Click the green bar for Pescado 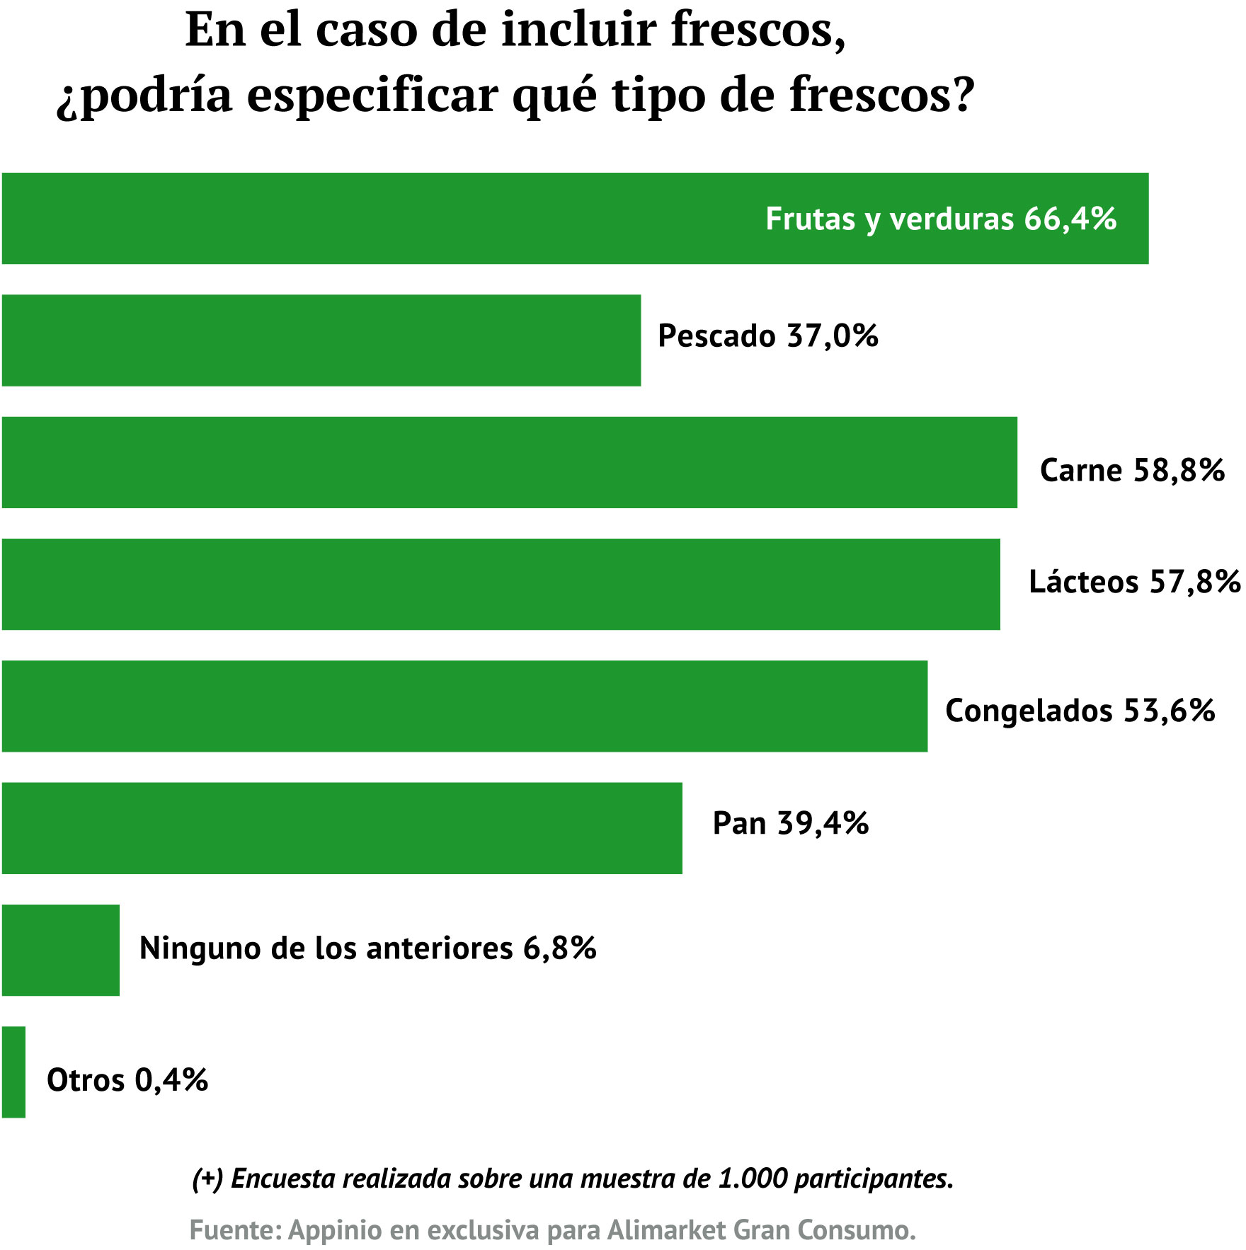coord(321,340)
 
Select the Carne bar coord(509,462)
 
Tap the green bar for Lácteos coord(501,584)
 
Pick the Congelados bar coord(464,706)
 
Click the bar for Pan coord(342,828)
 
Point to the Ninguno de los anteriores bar coord(61,950)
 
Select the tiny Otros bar coord(13,1072)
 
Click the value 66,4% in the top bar coord(1070,219)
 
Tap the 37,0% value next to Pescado coord(833,336)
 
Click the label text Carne coord(1081,470)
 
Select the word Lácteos coord(1083,582)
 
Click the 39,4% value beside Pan coord(823,823)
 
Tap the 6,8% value coord(559,948)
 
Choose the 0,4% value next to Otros coord(171,1080)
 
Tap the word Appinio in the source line coord(336,1230)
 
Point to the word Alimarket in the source coord(667,1230)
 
